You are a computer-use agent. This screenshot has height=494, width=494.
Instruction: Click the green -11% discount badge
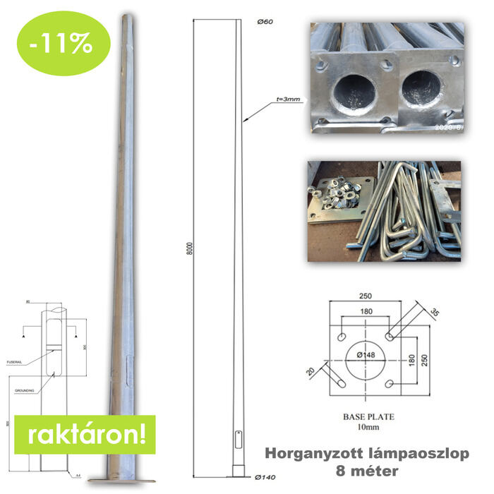click(x=64, y=43)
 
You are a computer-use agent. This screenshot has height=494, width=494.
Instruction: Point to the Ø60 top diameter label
click(x=265, y=23)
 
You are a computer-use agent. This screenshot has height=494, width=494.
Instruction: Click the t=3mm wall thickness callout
click(x=287, y=100)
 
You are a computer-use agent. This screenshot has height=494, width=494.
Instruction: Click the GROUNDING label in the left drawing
click(x=26, y=390)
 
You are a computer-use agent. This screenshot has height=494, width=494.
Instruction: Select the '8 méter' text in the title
click(x=364, y=469)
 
